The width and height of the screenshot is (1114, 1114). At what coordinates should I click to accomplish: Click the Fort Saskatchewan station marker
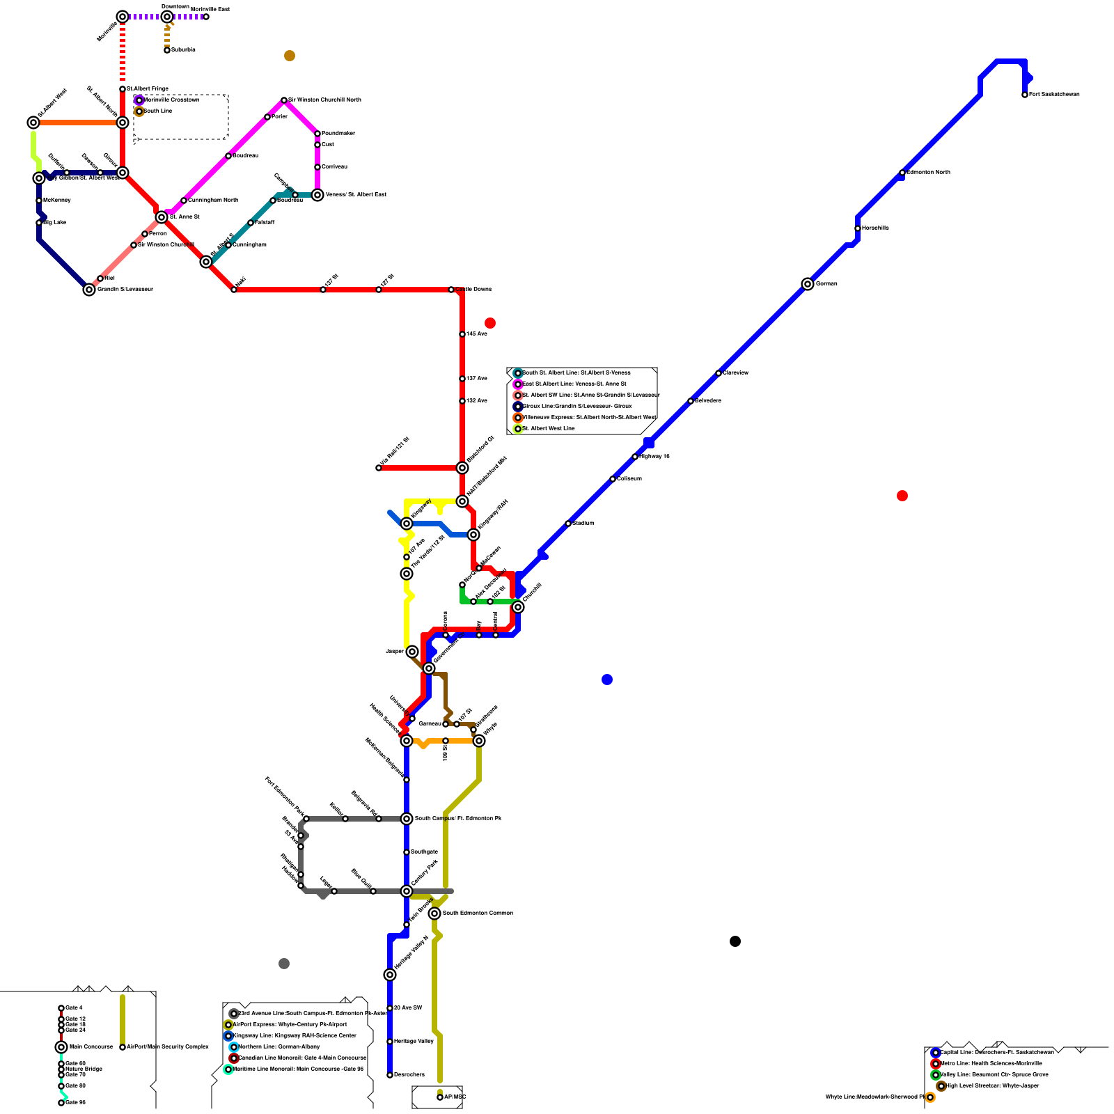[1025, 95]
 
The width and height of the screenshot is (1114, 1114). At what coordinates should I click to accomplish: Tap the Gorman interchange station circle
[808, 284]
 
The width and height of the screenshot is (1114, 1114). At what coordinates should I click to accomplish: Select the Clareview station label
[735, 373]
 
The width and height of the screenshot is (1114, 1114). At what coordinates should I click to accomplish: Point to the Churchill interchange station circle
[518, 607]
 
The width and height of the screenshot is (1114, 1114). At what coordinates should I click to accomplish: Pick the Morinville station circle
[123, 17]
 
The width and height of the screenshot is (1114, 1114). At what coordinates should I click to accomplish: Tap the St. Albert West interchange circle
[33, 123]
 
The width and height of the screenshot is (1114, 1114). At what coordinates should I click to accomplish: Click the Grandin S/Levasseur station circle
[89, 290]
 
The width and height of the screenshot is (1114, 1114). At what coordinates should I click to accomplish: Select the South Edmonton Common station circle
[434, 913]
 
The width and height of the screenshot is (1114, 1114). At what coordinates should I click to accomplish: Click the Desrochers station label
[409, 1075]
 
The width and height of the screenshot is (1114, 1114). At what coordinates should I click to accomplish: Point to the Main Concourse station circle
[61, 1047]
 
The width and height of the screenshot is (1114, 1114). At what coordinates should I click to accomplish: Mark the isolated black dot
[735, 941]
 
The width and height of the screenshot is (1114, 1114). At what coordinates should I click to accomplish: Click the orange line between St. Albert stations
[78, 123]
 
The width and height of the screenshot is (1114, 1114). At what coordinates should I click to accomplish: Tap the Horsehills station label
[875, 228]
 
